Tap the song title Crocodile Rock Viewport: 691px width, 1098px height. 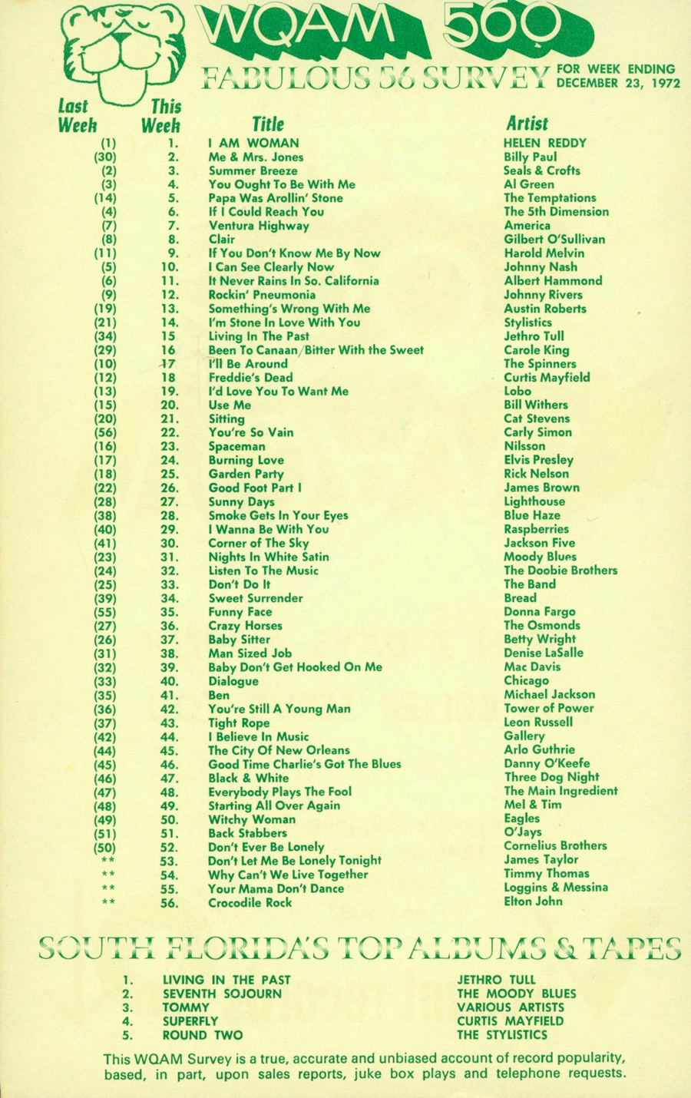(x=250, y=902)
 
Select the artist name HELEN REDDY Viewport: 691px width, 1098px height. (x=544, y=143)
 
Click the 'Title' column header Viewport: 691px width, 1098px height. (x=268, y=124)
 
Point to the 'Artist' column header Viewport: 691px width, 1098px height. (x=527, y=123)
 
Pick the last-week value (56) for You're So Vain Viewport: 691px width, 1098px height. (x=105, y=432)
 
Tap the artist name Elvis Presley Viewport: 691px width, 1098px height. (x=538, y=460)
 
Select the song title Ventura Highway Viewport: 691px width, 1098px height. (x=259, y=226)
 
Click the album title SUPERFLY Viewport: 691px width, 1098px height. (x=190, y=1021)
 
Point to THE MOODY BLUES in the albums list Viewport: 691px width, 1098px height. (x=516, y=994)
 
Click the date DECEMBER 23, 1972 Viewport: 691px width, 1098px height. (x=618, y=83)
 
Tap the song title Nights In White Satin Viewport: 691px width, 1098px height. (x=269, y=557)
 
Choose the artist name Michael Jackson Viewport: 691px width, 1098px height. (x=549, y=694)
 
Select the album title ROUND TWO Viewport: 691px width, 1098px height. (x=202, y=1035)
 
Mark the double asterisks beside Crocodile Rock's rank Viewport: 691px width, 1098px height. (x=107, y=902)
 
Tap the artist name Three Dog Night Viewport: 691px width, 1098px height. (x=551, y=777)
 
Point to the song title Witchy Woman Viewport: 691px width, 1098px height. (x=252, y=819)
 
